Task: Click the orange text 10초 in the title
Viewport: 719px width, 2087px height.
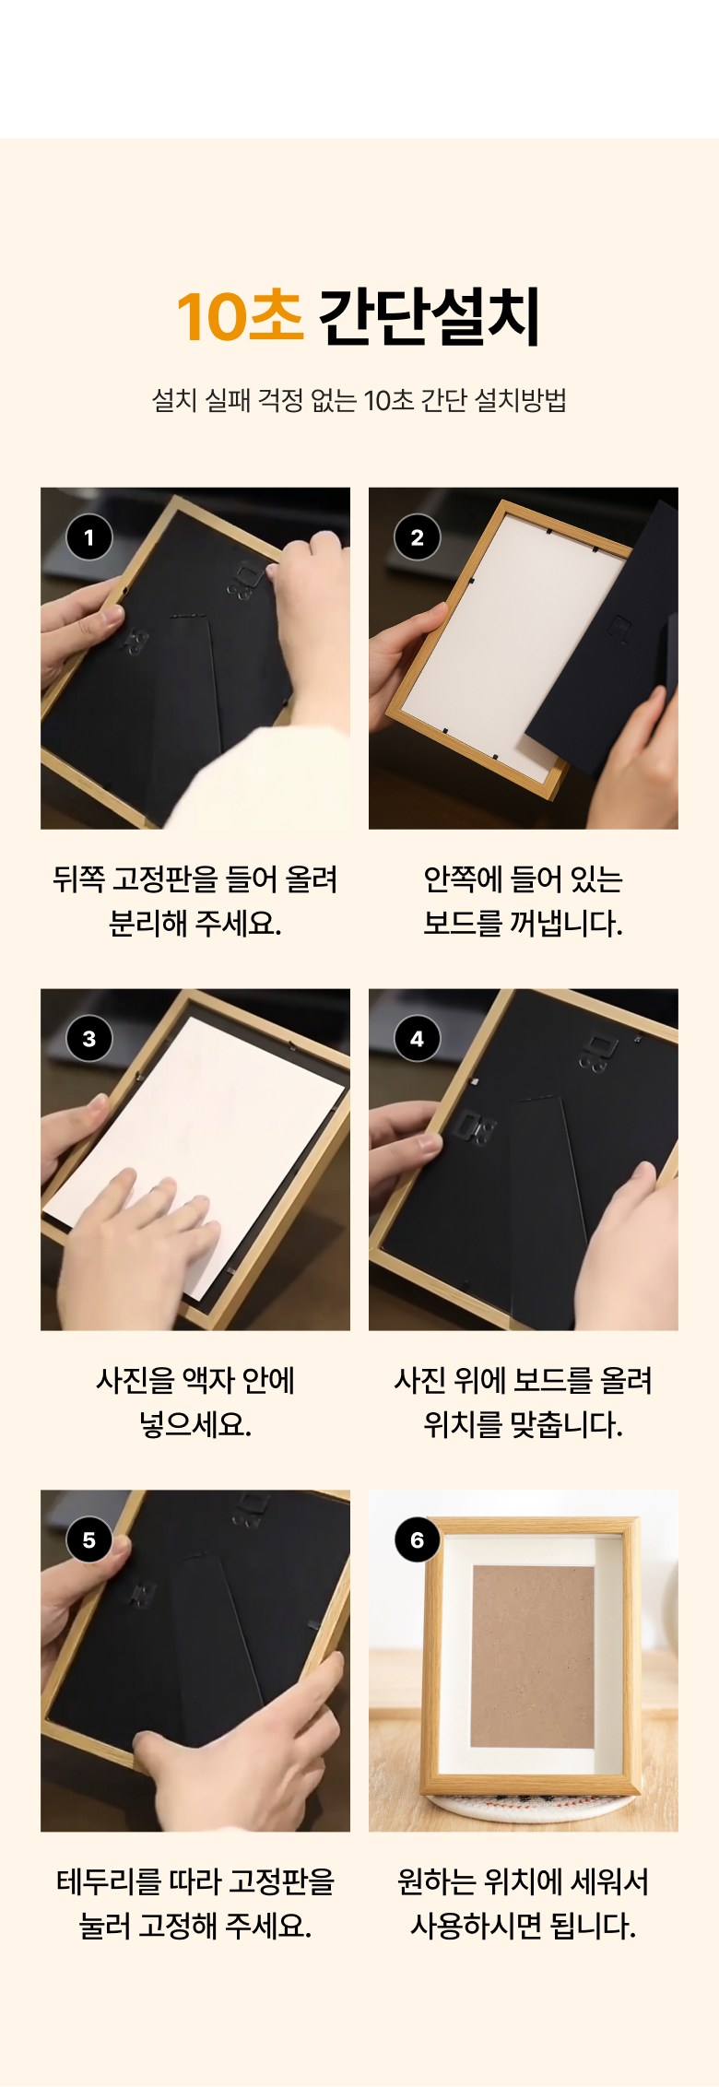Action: (240, 316)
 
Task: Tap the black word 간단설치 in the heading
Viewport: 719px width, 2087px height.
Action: (430, 316)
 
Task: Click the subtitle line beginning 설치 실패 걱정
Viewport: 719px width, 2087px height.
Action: (359, 400)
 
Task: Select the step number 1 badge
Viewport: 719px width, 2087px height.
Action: (89, 537)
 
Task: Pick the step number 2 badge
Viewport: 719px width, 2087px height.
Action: (418, 537)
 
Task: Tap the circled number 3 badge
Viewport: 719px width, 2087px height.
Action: (89, 1039)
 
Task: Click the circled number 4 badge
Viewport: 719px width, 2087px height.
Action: (418, 1039)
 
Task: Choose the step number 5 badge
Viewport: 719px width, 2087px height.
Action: (89, 1540)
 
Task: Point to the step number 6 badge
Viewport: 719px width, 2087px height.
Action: (418, 1540)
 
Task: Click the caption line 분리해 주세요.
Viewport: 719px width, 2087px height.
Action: (194, 924)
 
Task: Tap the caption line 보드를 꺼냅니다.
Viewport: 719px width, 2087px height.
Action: (523, 924)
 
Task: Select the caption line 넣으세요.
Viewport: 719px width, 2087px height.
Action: (194, 1425)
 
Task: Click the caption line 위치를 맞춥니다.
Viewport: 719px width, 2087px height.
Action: (523, 1425)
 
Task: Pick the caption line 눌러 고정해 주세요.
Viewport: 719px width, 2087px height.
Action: (194, 1927)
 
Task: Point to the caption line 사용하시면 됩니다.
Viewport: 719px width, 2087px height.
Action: (523, 1927)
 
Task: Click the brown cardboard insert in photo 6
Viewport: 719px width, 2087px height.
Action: (532, 1657)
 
